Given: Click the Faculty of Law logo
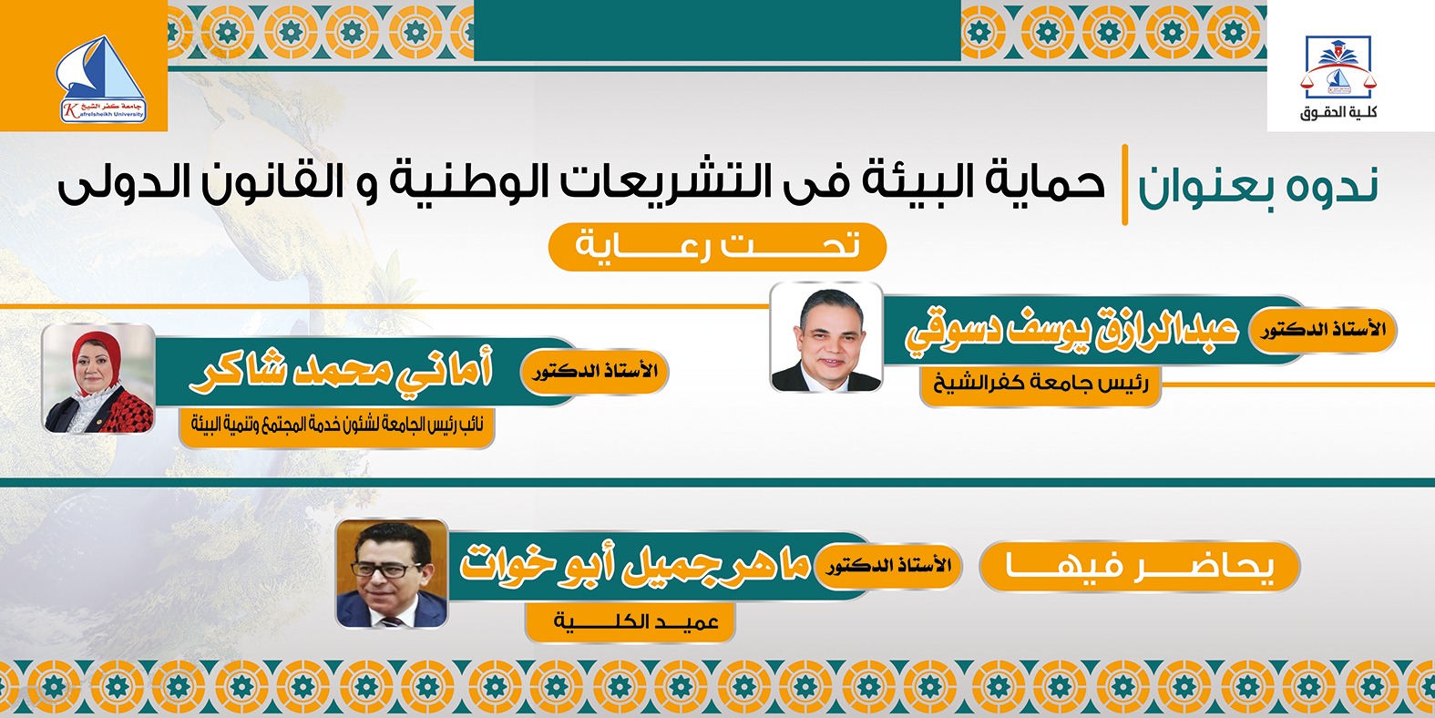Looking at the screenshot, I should (1338, 67).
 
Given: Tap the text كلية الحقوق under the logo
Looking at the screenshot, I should (1338, 113).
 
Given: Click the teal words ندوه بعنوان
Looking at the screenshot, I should (1258, 185).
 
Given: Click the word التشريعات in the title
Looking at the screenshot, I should (689, 180).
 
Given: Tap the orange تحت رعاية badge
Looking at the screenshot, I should (717, 246).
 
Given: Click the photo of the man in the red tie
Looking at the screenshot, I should (826, 337).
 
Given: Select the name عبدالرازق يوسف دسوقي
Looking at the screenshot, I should (1071, 333).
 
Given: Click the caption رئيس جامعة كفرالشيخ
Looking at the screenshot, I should (1040, 383).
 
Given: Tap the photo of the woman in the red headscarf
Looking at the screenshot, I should (99, 378).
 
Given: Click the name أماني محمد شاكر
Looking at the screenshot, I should (342, 371).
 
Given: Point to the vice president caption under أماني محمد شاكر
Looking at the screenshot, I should (337, 424).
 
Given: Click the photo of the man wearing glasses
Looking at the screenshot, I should (393, 574).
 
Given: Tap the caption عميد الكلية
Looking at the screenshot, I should (636, 622).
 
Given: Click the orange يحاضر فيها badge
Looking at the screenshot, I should (1139, 567).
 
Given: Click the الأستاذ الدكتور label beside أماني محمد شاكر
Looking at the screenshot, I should (595, 372).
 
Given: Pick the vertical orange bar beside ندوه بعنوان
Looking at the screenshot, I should (1125, 184).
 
